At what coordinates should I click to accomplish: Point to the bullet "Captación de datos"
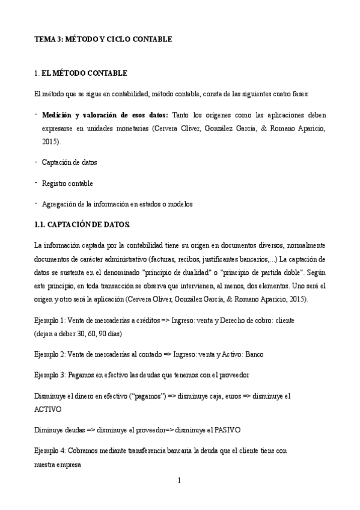click(x=69, y=162)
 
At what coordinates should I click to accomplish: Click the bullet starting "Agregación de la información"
click(x=117, y=204)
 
